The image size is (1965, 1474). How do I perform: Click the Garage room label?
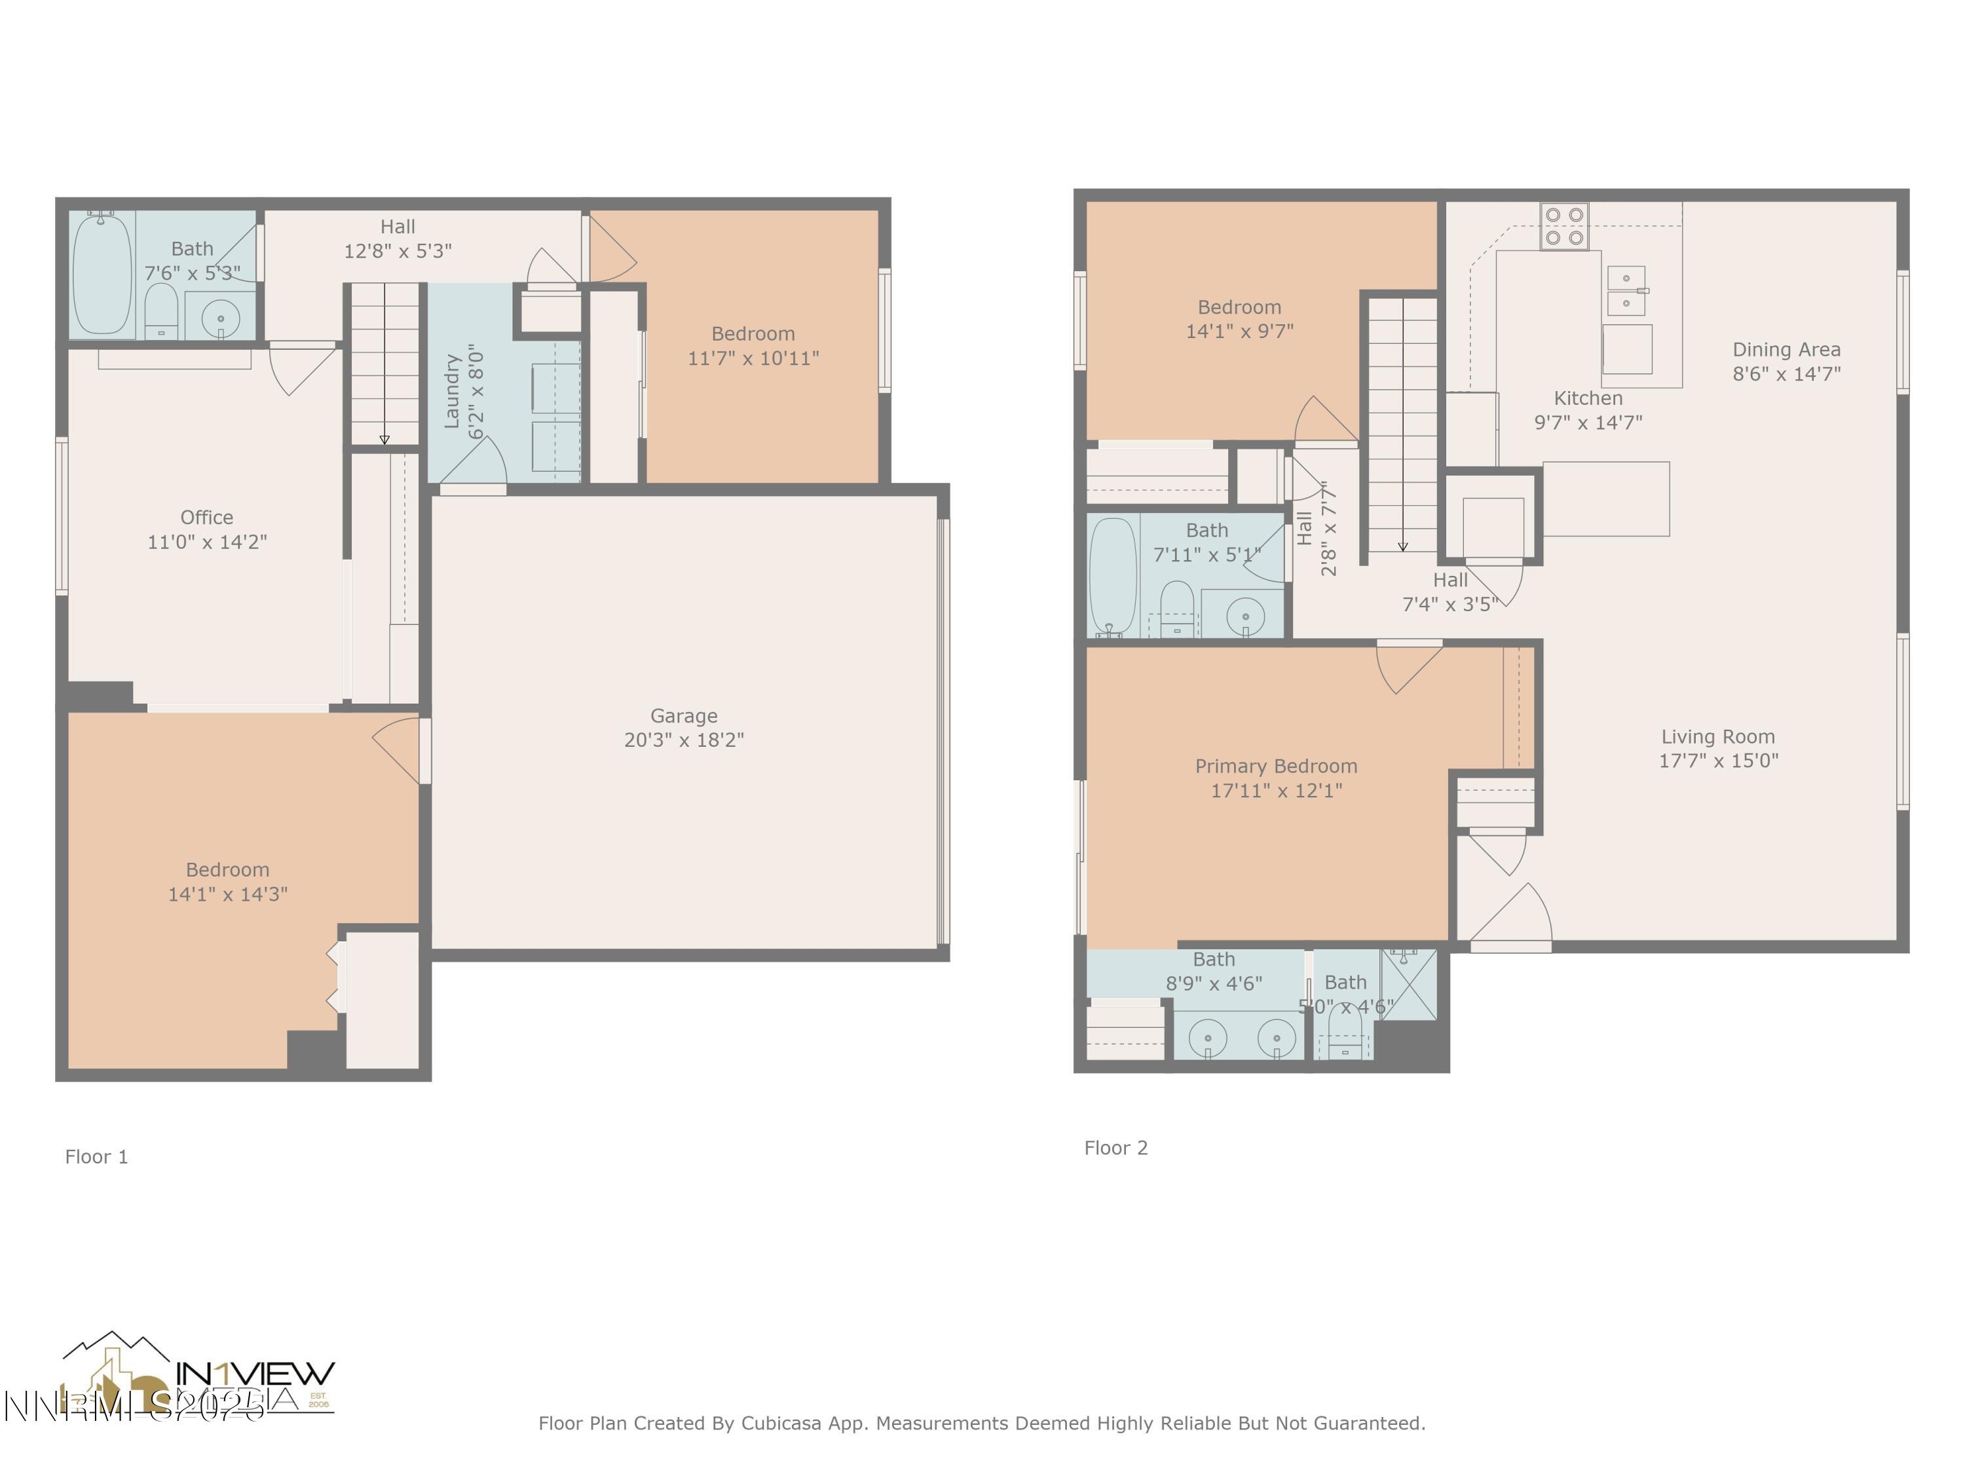pyautogui.click(x=683, y=716)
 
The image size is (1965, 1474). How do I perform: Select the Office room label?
pyautogui.click(x=206, y=517)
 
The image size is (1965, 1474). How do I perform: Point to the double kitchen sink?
pyautogui.click(x=1626, y=290)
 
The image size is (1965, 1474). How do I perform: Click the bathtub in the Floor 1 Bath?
pyautogui.click(x=102, y=274)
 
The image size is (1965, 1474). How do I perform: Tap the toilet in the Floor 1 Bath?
pyautogui.click(x=160, y=309)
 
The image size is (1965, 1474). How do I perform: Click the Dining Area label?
pyautogui.click(x=1786, y=349)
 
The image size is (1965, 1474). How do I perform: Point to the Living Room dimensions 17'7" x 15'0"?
pyautogui.click(x=1718, y=761)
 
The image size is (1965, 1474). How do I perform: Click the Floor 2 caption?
pyautogui.click(x=1115, y=1148)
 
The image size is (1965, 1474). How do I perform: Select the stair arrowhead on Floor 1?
pyautogui.click(x=384, y=440)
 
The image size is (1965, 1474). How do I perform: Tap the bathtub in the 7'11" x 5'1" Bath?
pyautogui.click(x=1112, y=576)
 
